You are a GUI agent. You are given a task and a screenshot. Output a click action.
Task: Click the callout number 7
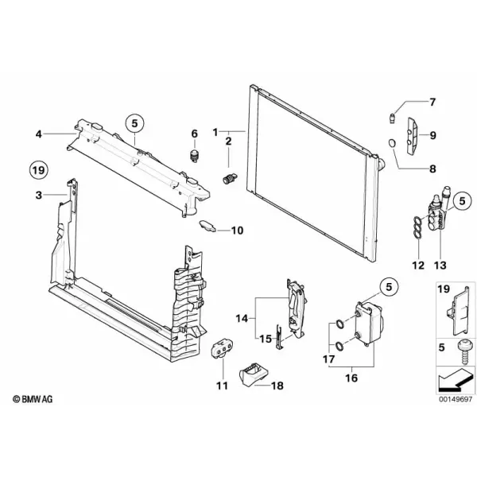[x=432, y=102]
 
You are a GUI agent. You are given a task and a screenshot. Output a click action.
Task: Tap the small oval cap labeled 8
[x=393, y=142]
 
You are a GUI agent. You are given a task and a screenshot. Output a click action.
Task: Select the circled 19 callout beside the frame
[x=39, y=170]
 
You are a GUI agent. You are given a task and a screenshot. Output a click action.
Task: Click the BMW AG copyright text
[x=33, y=399]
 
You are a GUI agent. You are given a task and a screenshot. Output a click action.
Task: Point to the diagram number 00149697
[x=456, y=399]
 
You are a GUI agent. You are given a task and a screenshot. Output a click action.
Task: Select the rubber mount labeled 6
[x=194, y=156]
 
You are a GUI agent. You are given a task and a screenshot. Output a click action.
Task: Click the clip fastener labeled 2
[x=230, y=179]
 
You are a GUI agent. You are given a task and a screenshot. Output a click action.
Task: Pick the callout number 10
[x=237, y=231]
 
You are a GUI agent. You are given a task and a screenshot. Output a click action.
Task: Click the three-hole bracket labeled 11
[x=222, y=350]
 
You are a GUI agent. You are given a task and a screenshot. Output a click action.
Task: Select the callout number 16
[x=351, y=378]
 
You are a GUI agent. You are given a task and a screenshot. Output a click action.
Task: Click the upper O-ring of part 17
[x=339, y=324]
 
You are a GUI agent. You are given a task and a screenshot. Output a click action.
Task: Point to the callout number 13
[x=440, y=266]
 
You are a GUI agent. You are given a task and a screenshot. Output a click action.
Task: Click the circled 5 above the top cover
[x=135, y=123]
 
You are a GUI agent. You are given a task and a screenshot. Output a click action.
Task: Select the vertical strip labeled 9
[x=413, y=137]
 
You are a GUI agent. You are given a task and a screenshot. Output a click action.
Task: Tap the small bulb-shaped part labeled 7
[x=393, y=118]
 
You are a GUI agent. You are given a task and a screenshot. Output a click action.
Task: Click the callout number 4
[x=38, y=134]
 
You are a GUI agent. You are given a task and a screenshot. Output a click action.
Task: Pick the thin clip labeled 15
[x=279, y=337]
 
